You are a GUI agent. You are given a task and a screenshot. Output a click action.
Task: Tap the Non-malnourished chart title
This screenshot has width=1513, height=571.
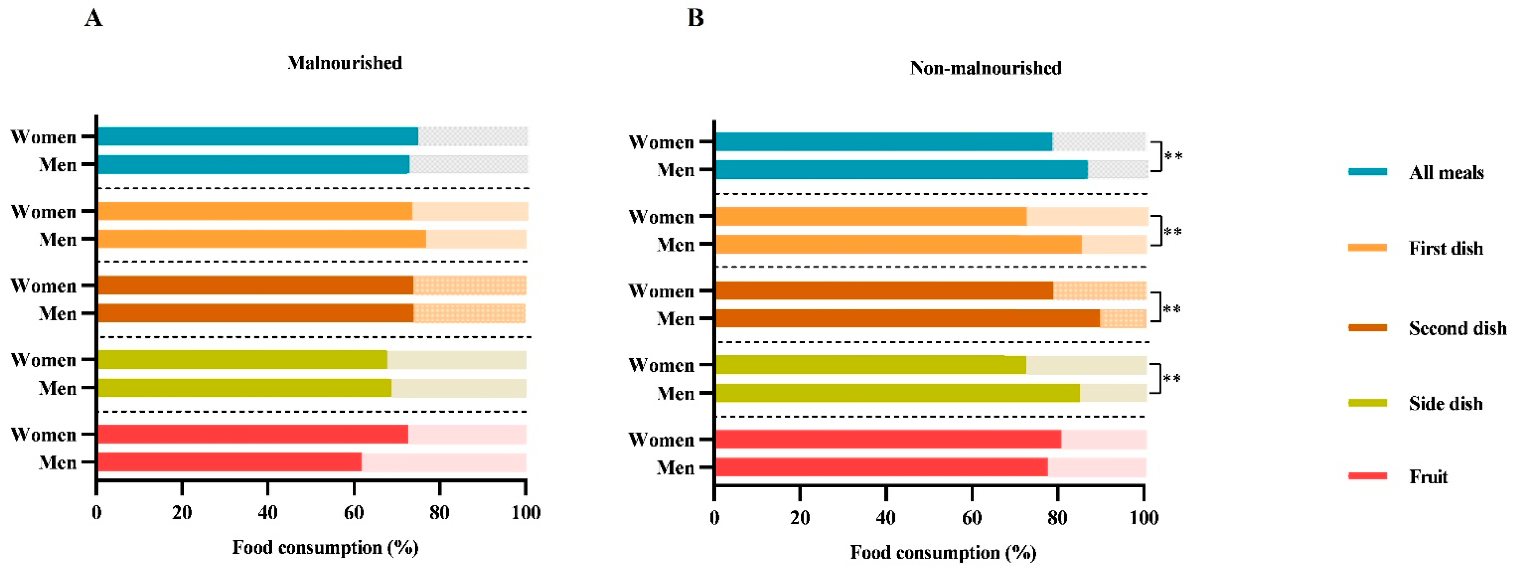(986, 68)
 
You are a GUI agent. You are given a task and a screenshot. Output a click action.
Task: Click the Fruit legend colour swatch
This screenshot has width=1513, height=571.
(1367, 476)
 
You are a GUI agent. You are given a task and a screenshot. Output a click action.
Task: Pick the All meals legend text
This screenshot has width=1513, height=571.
(1446, 173)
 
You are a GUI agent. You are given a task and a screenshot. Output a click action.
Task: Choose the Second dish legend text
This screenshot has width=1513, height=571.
(1457, 328)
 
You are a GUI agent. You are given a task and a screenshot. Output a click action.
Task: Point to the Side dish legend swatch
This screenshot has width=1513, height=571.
(1367, 403)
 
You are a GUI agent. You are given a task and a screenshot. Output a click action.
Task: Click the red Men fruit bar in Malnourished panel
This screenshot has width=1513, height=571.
(230, 462)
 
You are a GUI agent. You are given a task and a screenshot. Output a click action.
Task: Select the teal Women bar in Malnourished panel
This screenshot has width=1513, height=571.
(258, 136)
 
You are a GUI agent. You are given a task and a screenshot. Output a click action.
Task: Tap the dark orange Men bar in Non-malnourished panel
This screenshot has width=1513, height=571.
(907, 318)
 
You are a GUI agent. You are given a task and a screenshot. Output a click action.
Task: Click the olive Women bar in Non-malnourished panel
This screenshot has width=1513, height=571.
(871, 365)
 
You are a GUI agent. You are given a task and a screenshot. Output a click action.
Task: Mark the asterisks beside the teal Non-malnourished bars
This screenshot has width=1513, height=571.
(1173, 156)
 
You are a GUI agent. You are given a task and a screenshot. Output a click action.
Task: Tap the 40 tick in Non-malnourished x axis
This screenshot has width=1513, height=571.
(886, 518)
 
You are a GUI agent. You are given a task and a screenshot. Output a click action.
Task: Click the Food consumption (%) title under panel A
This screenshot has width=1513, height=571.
(325, 547)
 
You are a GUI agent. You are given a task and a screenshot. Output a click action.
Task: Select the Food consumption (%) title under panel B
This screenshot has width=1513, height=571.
(943, 553)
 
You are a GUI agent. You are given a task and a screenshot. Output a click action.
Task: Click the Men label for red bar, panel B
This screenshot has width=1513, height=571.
(676, 468)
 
